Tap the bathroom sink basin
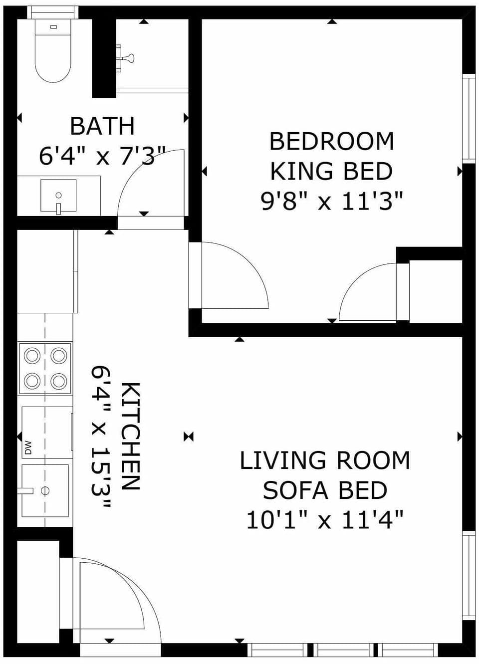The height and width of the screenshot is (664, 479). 58,196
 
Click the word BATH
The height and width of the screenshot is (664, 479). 102,126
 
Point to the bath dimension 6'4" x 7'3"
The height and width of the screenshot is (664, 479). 102,156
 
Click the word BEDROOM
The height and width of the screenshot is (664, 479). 331,142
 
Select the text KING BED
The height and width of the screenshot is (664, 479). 331,172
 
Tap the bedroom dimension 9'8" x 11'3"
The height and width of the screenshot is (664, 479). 331,202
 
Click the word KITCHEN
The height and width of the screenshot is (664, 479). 131,437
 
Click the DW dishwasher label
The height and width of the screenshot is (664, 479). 28,447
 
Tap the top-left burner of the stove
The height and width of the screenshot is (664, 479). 32,356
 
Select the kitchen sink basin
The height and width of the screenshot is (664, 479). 45,491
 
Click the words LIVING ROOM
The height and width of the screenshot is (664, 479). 325,460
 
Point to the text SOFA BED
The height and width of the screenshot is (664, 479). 325,491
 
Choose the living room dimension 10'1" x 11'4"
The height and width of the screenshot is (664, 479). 325,521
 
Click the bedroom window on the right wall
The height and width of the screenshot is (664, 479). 468,118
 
